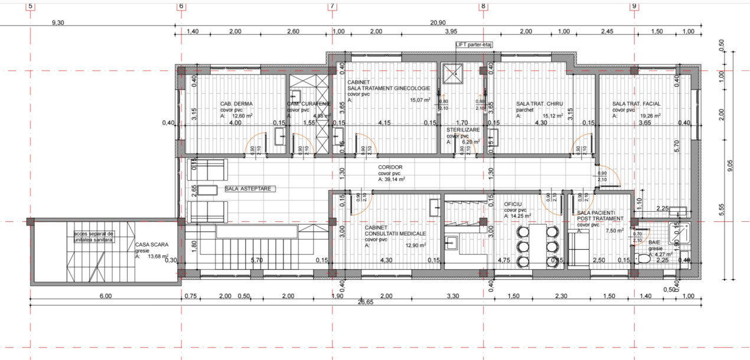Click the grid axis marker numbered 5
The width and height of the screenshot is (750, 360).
(30, 6)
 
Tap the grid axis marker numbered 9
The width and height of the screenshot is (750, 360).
(634, 6)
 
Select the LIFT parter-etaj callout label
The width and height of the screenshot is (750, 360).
(474, 44)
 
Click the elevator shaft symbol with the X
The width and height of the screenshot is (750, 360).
(455, 73)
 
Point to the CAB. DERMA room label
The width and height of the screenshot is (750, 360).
(236, 103)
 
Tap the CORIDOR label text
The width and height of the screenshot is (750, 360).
(390, 168)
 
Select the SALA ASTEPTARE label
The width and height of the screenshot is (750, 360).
(247, 189)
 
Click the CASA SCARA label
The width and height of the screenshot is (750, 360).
(151, 244)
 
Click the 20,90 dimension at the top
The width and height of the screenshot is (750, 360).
(438, 22)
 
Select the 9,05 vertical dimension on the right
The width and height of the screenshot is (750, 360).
(730, 166)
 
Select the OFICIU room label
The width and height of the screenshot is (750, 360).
(512, 204)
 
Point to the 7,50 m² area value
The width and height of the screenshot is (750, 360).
(615, 231)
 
